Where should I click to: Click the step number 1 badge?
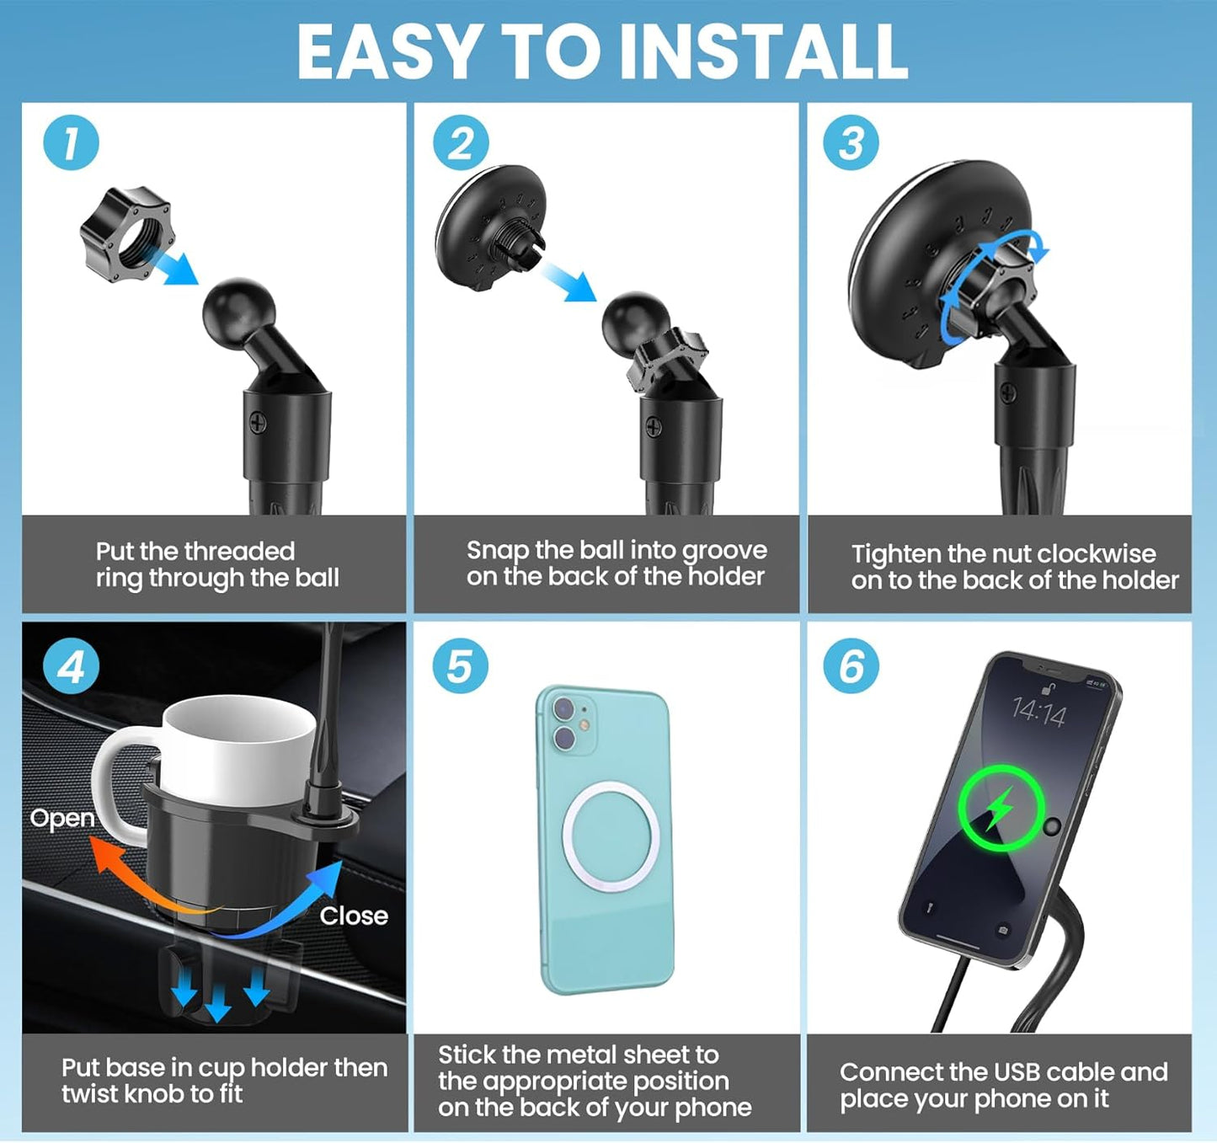[x=71, y=143]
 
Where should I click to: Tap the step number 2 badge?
[x=461, y=143]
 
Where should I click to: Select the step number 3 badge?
[x=851, y=143]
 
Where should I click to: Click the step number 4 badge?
[x=71, y=666]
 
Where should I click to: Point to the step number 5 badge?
[x=460, y=666]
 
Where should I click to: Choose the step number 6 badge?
[x=851, y=666]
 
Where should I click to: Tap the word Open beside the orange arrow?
[x=62, y=819]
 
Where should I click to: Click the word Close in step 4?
[x=354, y=916]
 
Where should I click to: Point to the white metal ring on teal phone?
[x=610, y=836]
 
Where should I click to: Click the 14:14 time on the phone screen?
[x=1038, y=713]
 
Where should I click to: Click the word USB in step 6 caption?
[x=1019, y=1072]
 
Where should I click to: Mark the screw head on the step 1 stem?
[x=259, y=424]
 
